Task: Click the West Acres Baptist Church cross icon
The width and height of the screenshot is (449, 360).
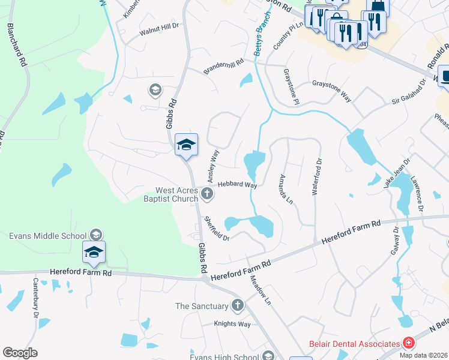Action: coord(207,193)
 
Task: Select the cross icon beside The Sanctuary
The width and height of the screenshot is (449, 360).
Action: coord(237,306)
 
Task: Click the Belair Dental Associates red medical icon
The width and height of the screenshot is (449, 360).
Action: coord(408,344)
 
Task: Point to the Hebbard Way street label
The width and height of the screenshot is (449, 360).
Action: coord(237,185)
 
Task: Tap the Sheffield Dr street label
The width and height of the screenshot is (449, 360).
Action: coord(217,229)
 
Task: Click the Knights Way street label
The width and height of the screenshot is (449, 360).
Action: coord(232,324)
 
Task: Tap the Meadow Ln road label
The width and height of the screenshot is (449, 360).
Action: coord(261,290)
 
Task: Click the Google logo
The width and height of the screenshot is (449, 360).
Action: coord(20,352)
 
